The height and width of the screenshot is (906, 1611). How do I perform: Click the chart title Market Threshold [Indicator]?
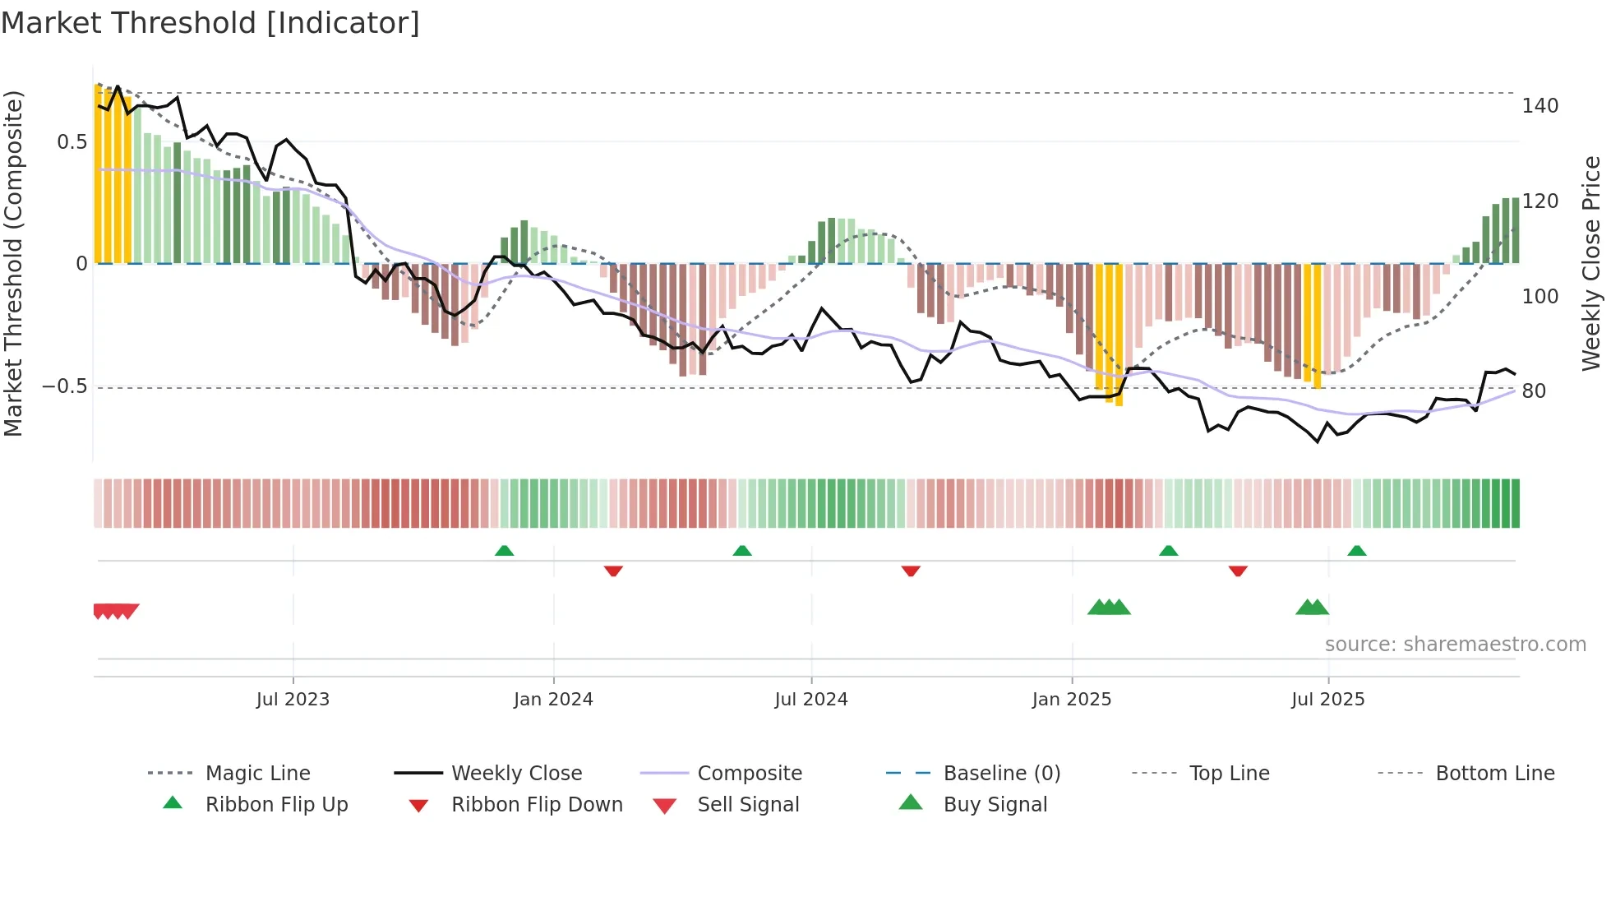coord(210,23)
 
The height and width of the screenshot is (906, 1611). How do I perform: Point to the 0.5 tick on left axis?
coord(72,142)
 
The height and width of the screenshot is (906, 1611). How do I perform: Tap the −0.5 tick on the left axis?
coord(66,386)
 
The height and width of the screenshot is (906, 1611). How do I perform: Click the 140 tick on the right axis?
coord(1539,106)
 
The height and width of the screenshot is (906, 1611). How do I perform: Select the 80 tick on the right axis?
coord(1534,391)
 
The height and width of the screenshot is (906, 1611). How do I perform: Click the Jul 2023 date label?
coord(293,700)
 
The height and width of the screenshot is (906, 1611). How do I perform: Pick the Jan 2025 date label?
coord(1071,700)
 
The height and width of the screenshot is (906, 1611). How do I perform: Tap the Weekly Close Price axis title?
coord(1591,263)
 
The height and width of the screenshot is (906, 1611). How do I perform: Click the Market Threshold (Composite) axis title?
coord(13,263)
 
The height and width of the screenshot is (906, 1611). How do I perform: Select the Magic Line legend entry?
coord(257,774)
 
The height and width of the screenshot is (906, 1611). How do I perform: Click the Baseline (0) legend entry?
coord(1001,774)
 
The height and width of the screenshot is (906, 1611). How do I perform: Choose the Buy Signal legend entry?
coord(995,805)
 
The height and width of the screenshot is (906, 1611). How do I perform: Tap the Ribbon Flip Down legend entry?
coord(537,805)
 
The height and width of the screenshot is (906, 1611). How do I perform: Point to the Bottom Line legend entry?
coord(1494,774)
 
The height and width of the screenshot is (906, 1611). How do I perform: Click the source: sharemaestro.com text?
coord(1455,645)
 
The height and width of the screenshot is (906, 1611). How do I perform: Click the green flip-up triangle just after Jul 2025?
coord(1357,551)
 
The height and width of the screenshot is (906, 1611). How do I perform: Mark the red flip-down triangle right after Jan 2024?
coord(613,571)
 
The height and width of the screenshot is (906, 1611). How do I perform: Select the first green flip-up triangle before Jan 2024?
coord(505,551)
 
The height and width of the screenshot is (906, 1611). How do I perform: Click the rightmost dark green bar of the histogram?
coord(1515,230)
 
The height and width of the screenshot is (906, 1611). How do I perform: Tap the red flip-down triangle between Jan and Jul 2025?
coord(1238,571)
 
